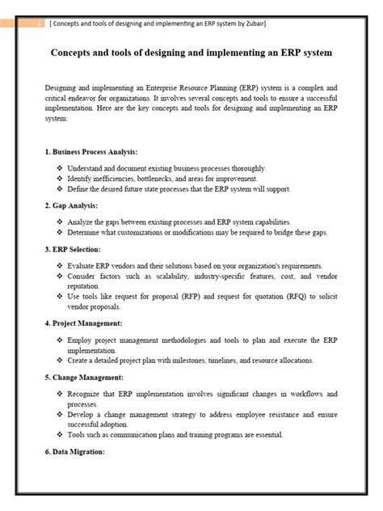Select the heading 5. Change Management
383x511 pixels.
pyautogui.click(x=85, y=377)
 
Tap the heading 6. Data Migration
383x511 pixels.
pyautogui.click(x=76, y=451)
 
